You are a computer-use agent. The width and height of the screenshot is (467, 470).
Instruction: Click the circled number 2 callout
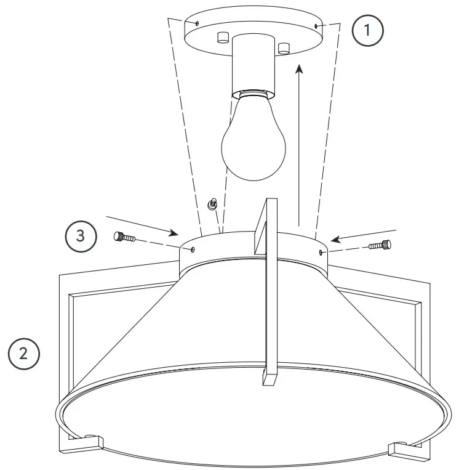coord(23,354)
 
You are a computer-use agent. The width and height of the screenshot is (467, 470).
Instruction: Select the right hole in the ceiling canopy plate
coord(316,26)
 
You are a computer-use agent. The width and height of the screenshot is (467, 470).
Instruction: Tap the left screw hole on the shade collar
coord(193,249)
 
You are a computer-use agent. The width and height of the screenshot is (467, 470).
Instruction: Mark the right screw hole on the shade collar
coord(322,252)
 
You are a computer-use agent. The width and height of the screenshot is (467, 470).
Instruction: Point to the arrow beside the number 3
coord(142,225)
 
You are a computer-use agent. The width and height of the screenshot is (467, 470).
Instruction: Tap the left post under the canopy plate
coord(222,38)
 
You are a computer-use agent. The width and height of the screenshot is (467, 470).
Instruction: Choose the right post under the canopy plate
coord(283,47)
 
